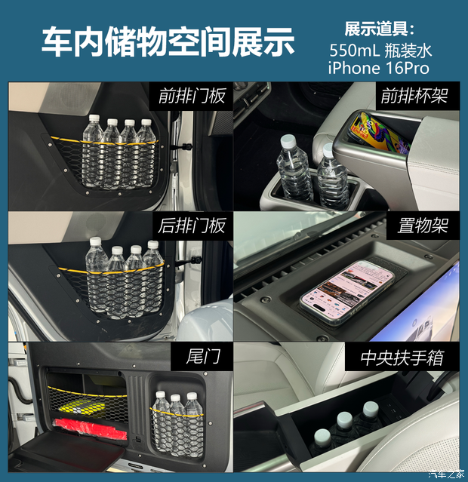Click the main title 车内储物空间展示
click(167, 42)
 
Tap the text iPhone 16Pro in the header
click(378, 68)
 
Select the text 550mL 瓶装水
click(380, 50)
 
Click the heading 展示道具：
click(380, 29)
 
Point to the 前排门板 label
click(192, 97)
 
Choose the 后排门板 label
click(192, 226)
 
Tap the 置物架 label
click(423, 226)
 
